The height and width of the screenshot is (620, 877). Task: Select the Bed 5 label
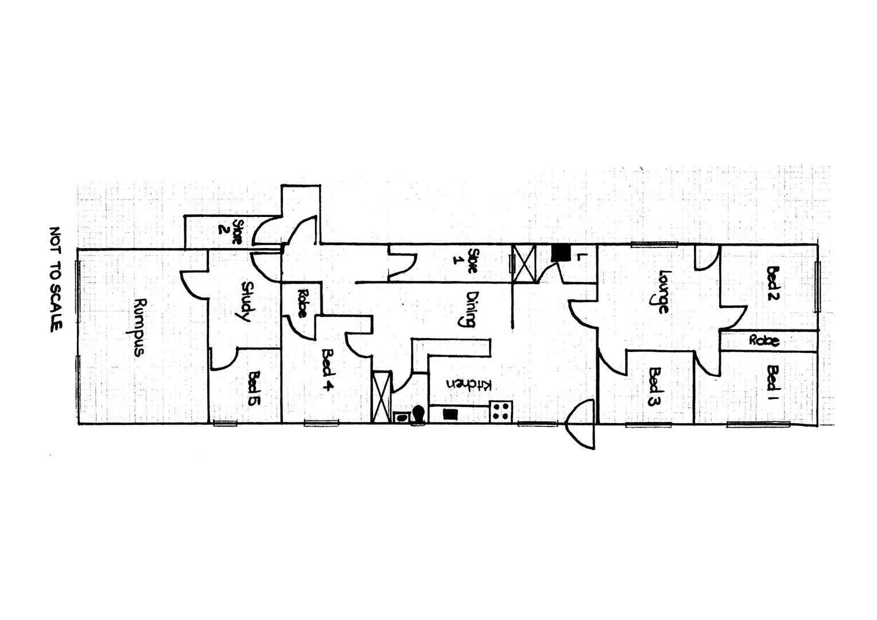pyautogui.click(x=255, y=388)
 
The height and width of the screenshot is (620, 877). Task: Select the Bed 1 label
pyautogui.click(x=773, y=378)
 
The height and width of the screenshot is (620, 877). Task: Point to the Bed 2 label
pyautogui.click(x=773, y=283)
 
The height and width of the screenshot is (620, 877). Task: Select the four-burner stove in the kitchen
pyautogui.click(x=500, y=411)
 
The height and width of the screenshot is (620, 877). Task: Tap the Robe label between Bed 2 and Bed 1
pyautogui.click(x=765, y=340)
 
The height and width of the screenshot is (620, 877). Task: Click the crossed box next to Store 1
pyautogui.click(x=523, y=263)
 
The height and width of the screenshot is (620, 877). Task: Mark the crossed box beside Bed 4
pyautogui.click(x=381, y=397)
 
